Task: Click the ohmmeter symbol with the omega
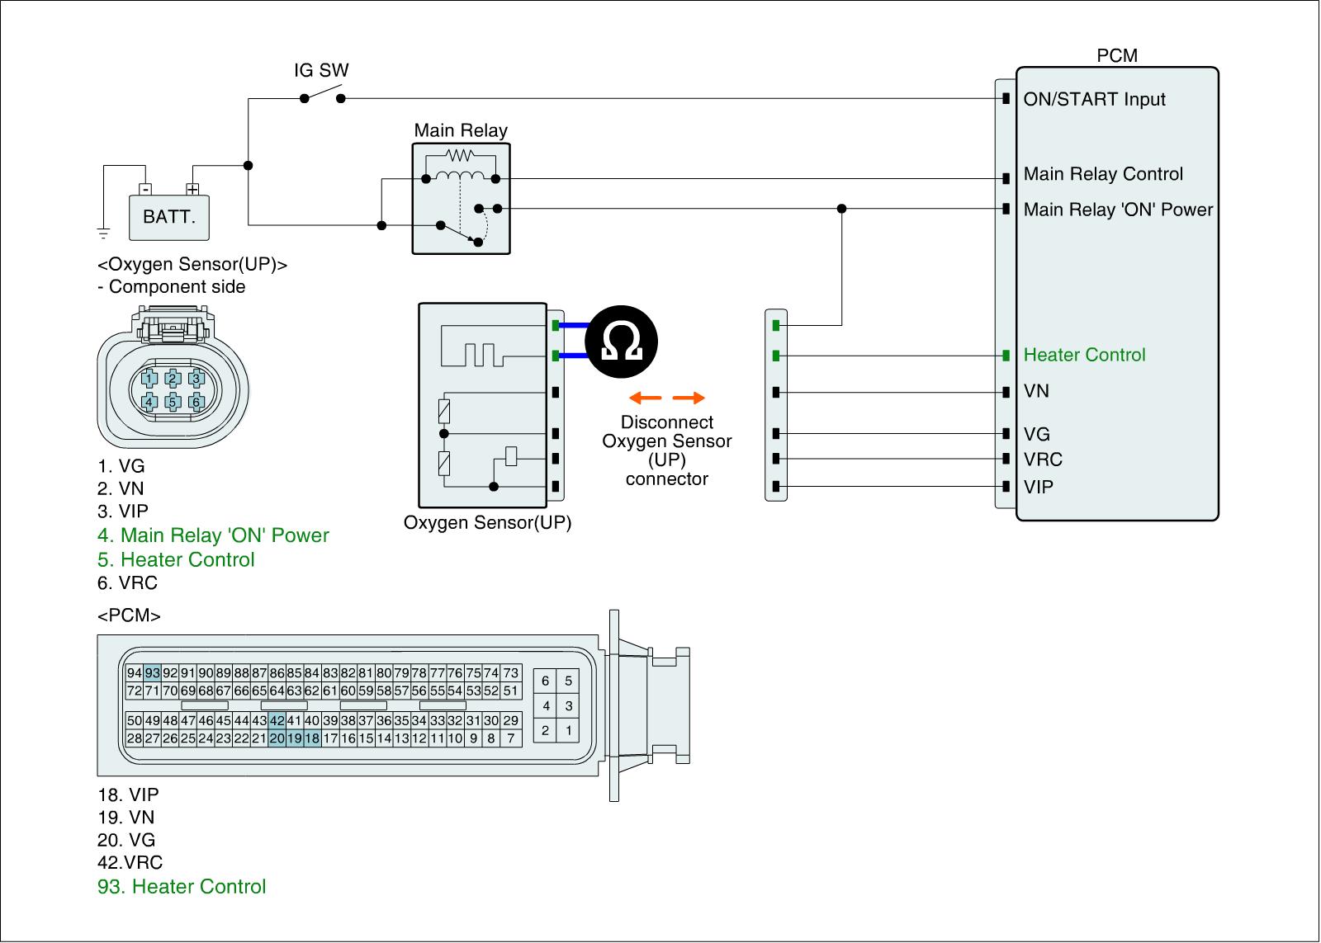pyautogui.click(x=621, y=342)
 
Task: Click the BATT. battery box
pyautogui.click(x=169, y=218)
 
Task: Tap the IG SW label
pyautogui.click(x=321, y=70)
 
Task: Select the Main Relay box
pyautogui.click(x=462, y=199)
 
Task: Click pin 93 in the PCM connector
pyautogui.click(x=153, y=672)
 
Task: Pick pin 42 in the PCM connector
pyautogui.click(x=277, y=720)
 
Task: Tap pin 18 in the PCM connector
pyautogui.click(x=312, y=738)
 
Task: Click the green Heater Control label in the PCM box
pyautogui.click(x=1084, y=355)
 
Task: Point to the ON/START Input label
pyautogui.click(x=1094, y=99)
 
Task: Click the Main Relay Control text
pyautogui.click(x=1103, y=174)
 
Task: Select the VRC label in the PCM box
pyautogui.click(x=1043, y=459)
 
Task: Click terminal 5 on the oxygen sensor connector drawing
pyautogui.click(x=173, y=402)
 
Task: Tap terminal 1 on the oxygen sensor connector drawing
pyautogui.click(x=149, y=379)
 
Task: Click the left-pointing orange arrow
pyautogui.click(x=645, y=398)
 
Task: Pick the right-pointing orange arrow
pyautogui.click(x=689, y=398)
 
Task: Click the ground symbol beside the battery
pyautogui.click(x=103, y=233)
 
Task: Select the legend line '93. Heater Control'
pyautogui.click(x=182, y=886)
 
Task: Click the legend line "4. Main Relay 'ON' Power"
pyautogui.click(x=213, y=535)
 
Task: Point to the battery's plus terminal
pyautogui.click(x=192, y=189)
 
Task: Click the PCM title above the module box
pyautogui.click(x=1117, y=55)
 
